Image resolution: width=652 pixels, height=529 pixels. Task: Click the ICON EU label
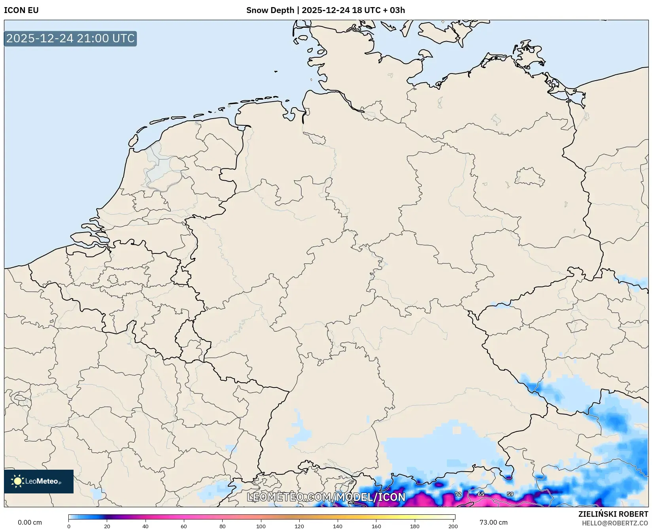pos(21,10)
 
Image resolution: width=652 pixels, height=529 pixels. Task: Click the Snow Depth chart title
pos(325,10)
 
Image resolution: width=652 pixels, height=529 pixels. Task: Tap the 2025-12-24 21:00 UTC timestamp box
pos(70,39)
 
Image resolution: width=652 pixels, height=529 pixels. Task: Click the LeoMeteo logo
pos(39,481)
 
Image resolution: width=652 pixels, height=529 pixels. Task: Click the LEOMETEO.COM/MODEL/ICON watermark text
pos(326,497)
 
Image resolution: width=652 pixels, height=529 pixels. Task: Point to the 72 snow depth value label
pos(458,494)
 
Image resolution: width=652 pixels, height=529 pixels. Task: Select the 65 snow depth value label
pos(481,494)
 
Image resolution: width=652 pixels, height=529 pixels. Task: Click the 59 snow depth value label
pos(510,494)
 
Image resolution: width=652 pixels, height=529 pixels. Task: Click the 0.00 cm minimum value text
pos(30,522)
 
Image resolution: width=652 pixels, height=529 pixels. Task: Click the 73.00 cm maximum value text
pos(493,522)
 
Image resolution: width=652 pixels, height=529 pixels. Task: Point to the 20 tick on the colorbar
pos(107,526)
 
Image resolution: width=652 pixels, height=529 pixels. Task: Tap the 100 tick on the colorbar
pos(261,526)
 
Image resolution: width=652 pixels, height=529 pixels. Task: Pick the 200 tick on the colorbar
pos(453,526)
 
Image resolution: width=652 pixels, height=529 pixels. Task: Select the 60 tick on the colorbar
pos(184,526)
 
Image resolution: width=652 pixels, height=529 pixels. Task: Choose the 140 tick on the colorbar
pos(338,526)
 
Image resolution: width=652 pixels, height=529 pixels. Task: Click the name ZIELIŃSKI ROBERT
pos(613,514)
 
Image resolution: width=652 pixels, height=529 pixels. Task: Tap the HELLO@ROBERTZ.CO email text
pos(615,523)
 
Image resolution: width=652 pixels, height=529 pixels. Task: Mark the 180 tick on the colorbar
pos(415,526)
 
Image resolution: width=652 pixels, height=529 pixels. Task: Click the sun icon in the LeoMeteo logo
pos(17,481)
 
